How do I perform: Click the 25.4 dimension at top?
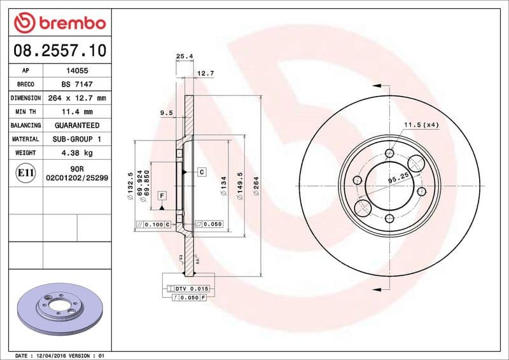coord(184,57)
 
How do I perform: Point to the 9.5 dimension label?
coord(167,113)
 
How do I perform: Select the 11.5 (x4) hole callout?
coord(421,125)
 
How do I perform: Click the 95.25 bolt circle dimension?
coord(398,179)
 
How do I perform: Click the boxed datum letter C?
coord(200,172)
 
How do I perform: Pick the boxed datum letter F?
coord(162,195)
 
